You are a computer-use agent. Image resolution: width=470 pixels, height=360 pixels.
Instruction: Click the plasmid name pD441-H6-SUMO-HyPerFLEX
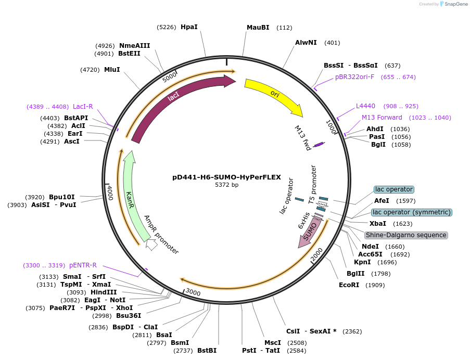226,177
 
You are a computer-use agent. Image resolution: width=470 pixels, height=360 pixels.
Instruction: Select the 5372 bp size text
226,185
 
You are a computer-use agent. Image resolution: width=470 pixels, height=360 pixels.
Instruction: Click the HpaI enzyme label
189,27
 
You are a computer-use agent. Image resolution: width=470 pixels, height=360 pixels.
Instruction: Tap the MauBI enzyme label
258,28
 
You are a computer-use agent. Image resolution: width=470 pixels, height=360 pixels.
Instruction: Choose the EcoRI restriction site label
349,285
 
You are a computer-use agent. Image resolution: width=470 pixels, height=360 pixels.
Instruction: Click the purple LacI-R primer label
83,107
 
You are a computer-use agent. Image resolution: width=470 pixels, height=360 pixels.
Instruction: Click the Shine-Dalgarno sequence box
406,235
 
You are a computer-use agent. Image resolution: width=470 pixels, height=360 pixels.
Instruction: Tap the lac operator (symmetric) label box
411,212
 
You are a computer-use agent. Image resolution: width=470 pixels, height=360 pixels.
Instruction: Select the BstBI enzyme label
207,351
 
